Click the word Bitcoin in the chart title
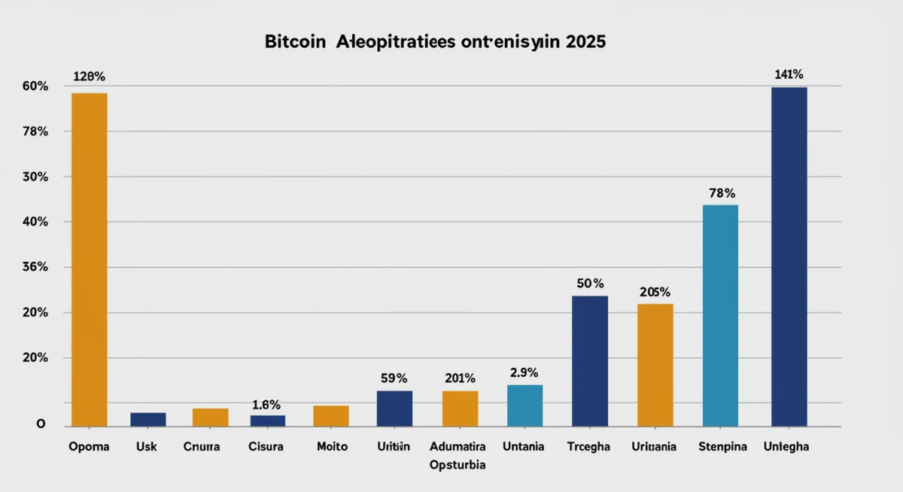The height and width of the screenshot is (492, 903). pos(295,42)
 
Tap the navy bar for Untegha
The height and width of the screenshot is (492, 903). pos(789,257)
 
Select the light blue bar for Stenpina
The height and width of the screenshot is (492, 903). pos(720,315)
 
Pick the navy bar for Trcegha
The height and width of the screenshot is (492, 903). pos(590,361)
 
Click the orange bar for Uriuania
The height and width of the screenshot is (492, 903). pos(655,365)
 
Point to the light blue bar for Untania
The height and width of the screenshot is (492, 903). pos(524,405)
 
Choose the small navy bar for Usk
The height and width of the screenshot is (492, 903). pos(147,419)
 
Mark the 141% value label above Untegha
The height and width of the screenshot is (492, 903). pos(789,74)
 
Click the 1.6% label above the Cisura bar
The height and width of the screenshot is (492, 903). pos(266,405)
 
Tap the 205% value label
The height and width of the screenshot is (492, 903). pos(655,292)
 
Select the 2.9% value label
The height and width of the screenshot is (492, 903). pos(524,372)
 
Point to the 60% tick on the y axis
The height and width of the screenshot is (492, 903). pos(35,87)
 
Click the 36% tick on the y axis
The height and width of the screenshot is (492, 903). pos(35,267)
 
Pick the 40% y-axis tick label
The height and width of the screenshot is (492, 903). pos(35,222)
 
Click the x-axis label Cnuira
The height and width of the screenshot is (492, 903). pos(202,446)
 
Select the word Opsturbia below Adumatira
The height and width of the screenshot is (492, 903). pos(458,465)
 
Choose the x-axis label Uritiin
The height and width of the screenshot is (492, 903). pos(394,446)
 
